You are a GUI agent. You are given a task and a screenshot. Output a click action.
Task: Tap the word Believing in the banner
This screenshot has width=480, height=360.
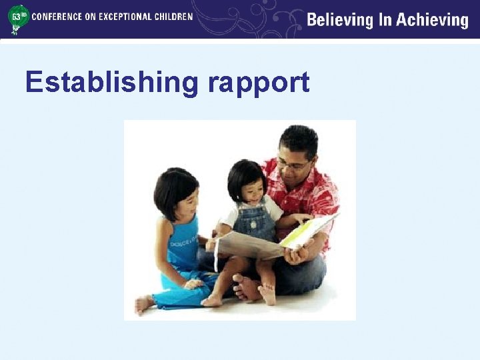[x=340, y=20]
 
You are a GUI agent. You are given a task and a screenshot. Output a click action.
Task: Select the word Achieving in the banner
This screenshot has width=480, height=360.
[x=433, y=20]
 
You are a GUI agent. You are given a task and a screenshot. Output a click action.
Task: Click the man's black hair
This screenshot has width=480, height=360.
[x=299, y=139]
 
